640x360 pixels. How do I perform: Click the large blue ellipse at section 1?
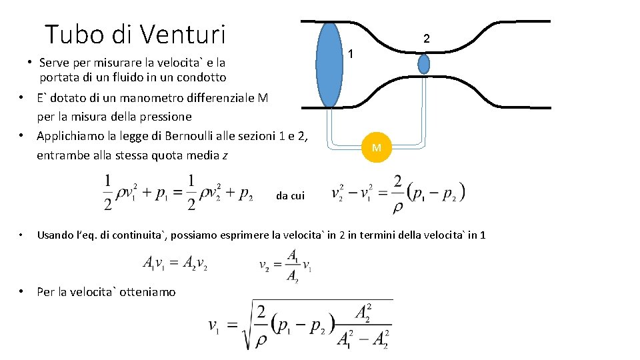(329, 65)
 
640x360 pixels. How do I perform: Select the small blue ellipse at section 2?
(423, 64)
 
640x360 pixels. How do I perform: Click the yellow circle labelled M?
(377, 147)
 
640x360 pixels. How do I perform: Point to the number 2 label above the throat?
(427, 39)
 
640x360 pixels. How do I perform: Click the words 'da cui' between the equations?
(290, 195)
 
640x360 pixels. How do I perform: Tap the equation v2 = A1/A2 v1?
(285, 265)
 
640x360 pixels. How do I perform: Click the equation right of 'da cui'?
(398, 193)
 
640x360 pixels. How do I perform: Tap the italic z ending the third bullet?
(225, 156)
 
